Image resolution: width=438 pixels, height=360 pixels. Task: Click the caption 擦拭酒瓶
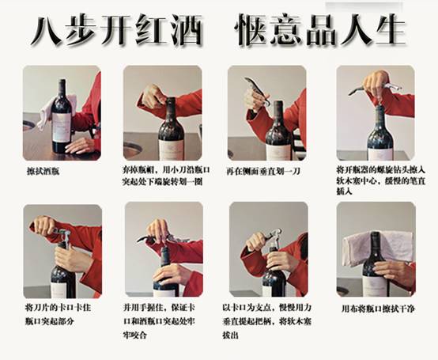tap(43, 171)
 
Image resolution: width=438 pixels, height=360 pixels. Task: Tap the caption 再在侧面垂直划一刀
tap(263, 171)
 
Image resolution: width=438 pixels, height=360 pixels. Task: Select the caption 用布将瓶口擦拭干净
tap(378, 309)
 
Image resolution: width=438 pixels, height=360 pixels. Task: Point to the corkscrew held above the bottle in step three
tap(258, 90)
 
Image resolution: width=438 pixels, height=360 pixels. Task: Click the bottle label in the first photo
tap(61, 127)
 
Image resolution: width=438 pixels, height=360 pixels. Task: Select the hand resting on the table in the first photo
tap(79, 146)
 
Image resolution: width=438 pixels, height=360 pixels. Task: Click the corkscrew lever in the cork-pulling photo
tap(273, 234)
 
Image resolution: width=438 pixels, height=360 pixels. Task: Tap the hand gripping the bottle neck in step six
tap(171, 275)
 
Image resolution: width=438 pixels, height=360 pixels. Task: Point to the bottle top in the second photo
tap(171, 101)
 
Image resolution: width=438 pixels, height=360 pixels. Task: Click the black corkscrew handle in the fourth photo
tap(357, 90)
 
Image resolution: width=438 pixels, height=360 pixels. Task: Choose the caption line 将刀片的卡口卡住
tap(58, 308)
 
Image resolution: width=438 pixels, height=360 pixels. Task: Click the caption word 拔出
tap(230, 335)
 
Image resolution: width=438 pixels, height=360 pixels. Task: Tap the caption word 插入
tap(344, 191)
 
